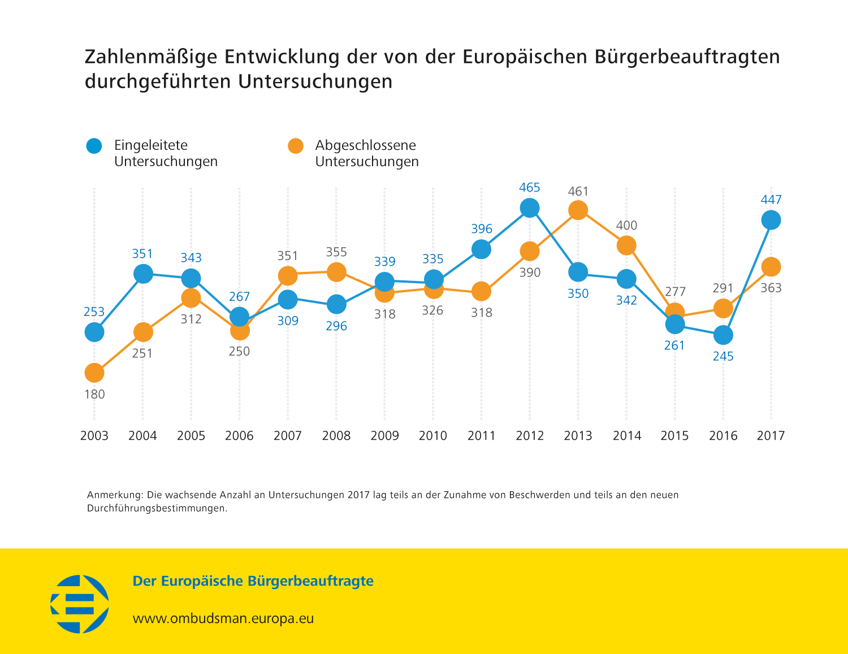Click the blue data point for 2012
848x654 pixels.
pos(529,207)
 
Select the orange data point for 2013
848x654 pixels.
pos(578,210)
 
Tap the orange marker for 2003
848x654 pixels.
pos(94,373)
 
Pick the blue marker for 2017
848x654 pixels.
pos(771,220)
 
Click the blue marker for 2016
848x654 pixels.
pos(723,335)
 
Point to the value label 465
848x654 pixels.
pos(530,188)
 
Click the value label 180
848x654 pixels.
pos(94,395)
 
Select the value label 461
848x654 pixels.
pos(578,192)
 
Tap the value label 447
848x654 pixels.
pos(771,200)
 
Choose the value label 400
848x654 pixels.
pos(626,226)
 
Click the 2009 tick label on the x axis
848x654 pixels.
pos(384,436)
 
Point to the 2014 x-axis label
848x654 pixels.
pos(627,436)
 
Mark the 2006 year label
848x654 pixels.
pos(239,436)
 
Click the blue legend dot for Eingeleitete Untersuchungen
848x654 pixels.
pos(94,146)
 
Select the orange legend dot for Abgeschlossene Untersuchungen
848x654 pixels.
pos(296,146)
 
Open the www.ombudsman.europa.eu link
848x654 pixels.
pos(223,618)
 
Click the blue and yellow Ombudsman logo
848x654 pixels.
pos(80,604)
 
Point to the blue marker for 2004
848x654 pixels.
pos(143,274)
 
